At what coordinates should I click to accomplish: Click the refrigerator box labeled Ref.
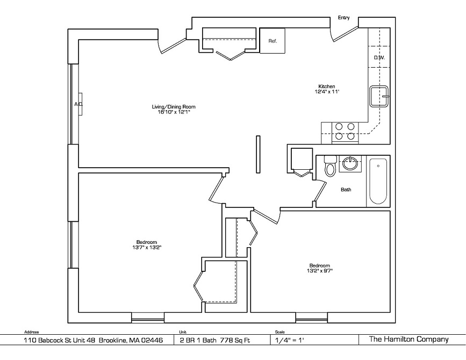click(x=273, y=41)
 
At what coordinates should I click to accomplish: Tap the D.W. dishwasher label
click(x=379, y=57)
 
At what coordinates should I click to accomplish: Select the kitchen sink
click(x=379, y=96)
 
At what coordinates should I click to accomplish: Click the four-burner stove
click(x=345, y=132)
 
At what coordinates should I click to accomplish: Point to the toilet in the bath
click(x=330, y=165)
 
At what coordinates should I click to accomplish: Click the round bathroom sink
click(x=350, y=163)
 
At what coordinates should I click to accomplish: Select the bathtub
click(x=378, y=181)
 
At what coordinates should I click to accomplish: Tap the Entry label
click(x=343, y=18)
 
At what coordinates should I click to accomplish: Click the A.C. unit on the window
click(x=80, y=104)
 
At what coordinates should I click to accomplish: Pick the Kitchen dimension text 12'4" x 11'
click(x=327, y=92)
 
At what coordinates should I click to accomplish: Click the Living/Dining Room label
click(x=174, y=107)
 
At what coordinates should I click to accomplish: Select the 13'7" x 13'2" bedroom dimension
click(x=147, y=247)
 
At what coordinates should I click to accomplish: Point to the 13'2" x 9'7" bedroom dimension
click(x=320, y=271)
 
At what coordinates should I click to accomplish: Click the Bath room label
click(x=346, y=190)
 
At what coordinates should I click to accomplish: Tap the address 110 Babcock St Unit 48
click(x=60, y=340)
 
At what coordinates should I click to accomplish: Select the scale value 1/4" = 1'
click(x=288, y=340)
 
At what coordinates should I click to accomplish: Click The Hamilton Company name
click(x=408, y=339)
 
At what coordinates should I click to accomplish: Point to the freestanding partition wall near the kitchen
click(x=258, y=154)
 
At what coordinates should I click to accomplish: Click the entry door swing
click(x=345, y=34)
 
